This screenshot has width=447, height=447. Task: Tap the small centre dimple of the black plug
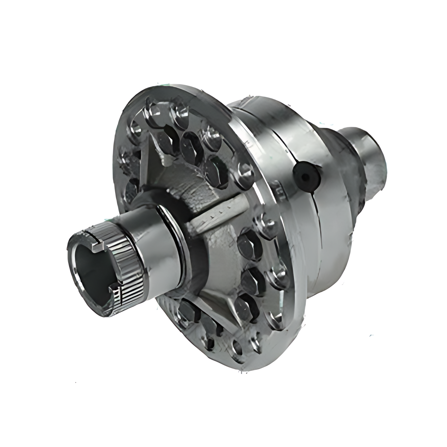[x=306, y=177]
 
